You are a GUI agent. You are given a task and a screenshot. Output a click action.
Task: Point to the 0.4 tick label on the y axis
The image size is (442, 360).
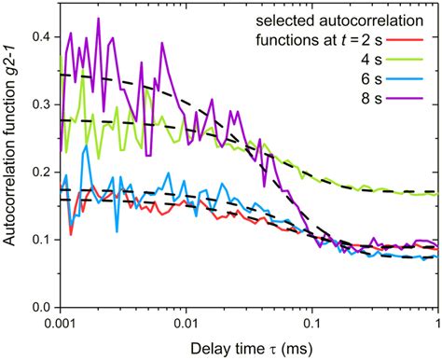coord(38,36)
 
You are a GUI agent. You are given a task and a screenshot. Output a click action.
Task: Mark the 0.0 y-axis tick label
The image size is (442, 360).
coord(38,307)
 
